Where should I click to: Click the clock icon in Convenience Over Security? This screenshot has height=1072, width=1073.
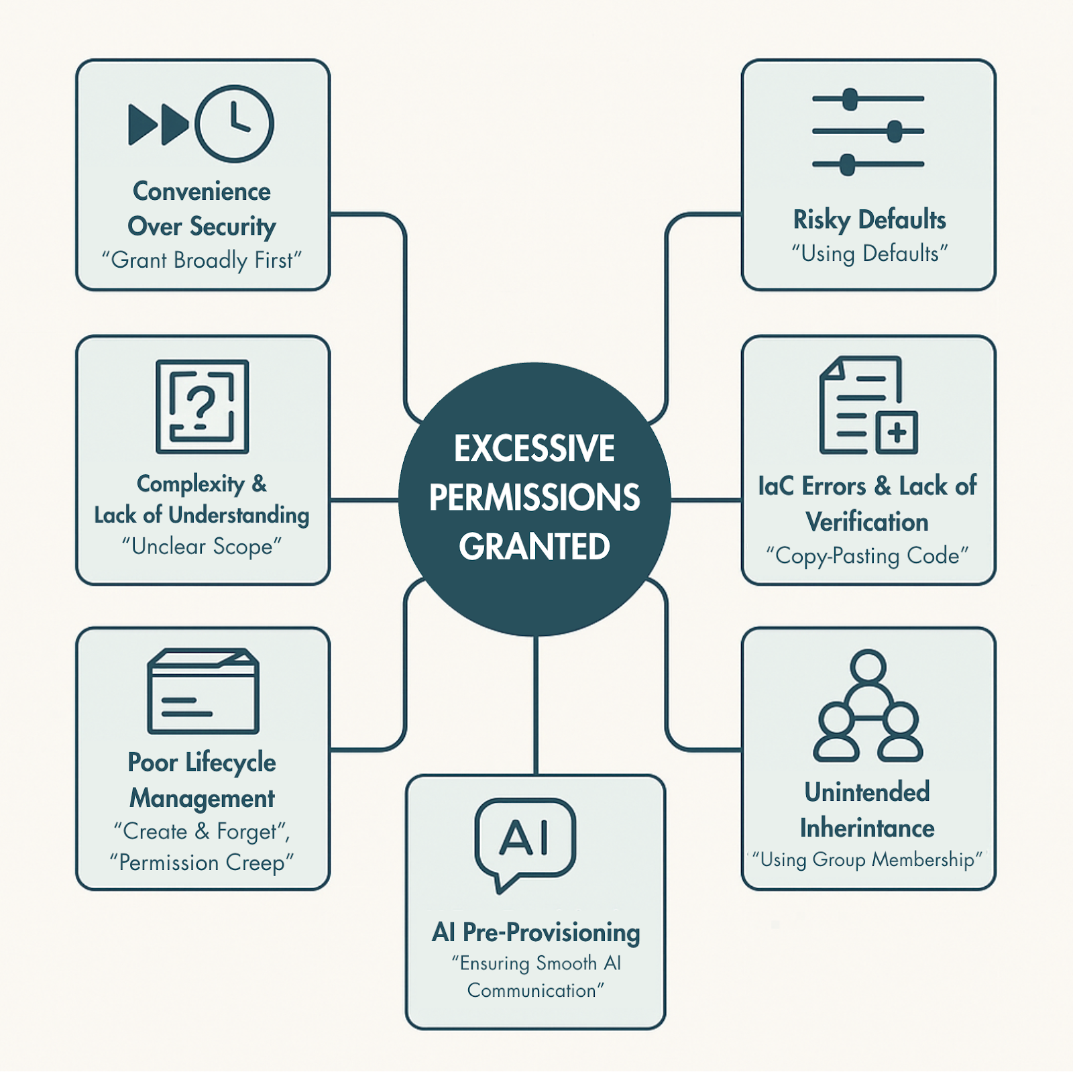tap(234, 124)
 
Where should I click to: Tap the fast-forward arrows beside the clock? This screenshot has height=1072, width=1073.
tap(159, 125)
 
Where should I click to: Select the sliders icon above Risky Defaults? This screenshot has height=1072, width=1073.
tap(868, 131)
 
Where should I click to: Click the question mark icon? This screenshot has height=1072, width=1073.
tap(201, 407)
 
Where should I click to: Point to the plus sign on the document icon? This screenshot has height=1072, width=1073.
tap(897, 432)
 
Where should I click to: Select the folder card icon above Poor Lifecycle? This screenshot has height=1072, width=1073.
tap(203, 691)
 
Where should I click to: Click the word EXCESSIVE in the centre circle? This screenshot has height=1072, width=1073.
tap(534, 449)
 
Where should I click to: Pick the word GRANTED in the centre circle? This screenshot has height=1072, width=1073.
tap(534, 547)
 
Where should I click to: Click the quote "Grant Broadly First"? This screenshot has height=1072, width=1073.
tap(202, 260)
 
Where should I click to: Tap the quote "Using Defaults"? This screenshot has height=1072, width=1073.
tap(869, 254)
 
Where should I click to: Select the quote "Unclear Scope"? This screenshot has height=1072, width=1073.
tap(202, 547)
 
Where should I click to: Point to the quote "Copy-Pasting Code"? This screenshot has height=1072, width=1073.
tap(868, 556)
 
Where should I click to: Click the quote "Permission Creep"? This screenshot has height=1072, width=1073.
tap(202, 863)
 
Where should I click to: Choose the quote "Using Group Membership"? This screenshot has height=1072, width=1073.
tap(868, 859)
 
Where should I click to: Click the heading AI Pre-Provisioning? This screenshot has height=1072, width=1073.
tap(536, 932)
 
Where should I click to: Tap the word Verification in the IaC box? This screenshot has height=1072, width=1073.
tap(867, 522)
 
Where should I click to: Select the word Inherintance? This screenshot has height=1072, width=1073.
tap(867, 828)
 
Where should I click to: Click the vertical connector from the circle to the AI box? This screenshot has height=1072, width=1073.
tap(536, 704)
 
